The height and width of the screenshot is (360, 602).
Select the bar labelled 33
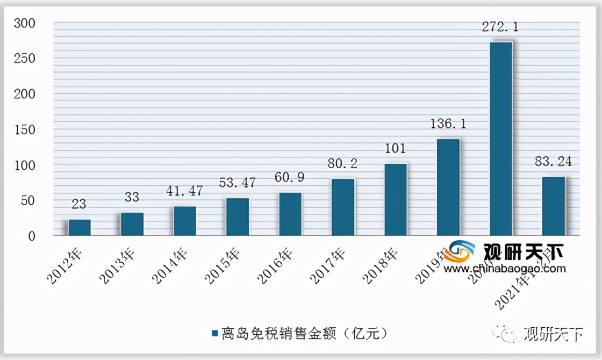pos(132,224)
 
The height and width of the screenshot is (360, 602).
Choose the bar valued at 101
pos(396,199)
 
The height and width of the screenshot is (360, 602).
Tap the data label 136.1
pos(448,124)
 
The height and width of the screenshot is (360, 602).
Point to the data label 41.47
pos(185,190)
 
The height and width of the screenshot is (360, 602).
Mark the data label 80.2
pos(343,163)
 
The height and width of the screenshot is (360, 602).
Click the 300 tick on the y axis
pos(25,24)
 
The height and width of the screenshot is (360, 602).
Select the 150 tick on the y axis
pos(25,129)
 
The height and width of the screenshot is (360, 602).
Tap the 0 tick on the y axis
pos(32,236)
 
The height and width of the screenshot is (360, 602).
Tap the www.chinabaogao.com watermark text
pos(505,269)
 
